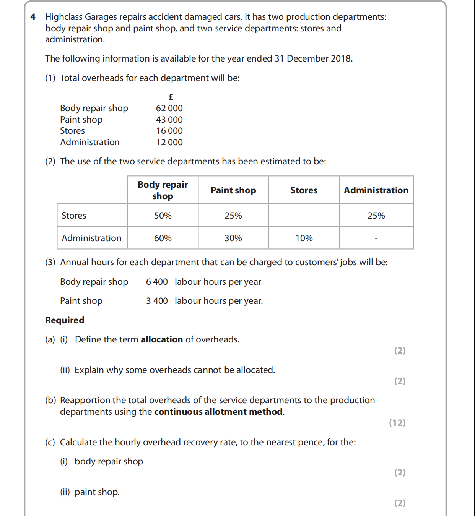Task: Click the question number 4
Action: [x=33, y=17]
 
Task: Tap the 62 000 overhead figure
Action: [x=169, y=108]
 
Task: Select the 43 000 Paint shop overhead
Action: [x=169, y=120]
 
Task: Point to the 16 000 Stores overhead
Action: [x=169, y=131]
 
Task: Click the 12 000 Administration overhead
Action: [x=169, y=142]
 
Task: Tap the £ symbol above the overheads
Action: [x=171, y=97]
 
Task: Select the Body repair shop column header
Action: [x=163, y=190]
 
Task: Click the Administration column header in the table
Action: [x=376, y=190]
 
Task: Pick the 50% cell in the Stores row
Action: [x=163, y=216]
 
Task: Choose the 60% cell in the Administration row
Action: [x=163, y=238]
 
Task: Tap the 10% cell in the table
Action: [x=304, y=238]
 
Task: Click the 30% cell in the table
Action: [x=233, y=238]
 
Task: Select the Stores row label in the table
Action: [x=74, y=216]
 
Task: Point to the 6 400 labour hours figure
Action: [x=157, y=282]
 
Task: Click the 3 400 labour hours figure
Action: [x=157, y=301]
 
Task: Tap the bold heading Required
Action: [x=65, y=320]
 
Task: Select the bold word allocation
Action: [x=162, y=339]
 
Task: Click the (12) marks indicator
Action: [x=397, y=423]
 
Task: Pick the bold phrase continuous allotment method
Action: [x=219, y=412]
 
